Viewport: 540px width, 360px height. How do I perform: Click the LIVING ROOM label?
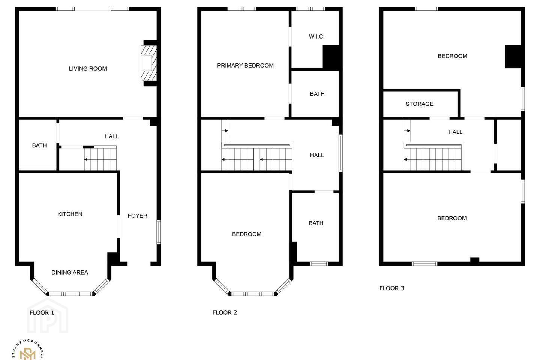tap(88, 69)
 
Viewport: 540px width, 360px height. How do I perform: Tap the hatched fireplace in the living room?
tap(148, 63)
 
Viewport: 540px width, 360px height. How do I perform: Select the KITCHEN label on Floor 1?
tap(70, 214)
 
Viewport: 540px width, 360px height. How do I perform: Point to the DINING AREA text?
tap(70, 272)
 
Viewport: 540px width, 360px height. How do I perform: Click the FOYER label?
tap(137, 216)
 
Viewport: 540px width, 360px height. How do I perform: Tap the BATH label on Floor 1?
tap(39, 145)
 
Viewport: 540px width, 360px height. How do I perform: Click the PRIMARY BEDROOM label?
tap(245, 65)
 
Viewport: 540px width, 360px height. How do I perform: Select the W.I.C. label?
tap(316, 37)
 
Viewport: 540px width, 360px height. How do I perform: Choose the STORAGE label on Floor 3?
tap(419, 104)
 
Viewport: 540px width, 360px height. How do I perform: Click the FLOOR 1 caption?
tap(42, 313)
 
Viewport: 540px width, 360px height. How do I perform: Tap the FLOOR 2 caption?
tap(225, 312)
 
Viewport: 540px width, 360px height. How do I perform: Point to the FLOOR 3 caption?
tap(392, 288)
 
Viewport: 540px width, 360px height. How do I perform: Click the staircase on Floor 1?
tap(100, 158)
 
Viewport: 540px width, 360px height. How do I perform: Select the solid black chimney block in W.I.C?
tap(331, 57)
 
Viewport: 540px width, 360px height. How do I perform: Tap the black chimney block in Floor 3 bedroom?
tap(513, 57)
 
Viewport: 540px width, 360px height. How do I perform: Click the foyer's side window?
tap(159, 232)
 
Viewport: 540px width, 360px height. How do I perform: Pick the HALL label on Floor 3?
tap(455, 132)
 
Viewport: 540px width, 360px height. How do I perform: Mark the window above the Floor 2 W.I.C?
tap(310, 9)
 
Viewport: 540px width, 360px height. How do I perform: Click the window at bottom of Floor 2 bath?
tap(319, 264)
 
